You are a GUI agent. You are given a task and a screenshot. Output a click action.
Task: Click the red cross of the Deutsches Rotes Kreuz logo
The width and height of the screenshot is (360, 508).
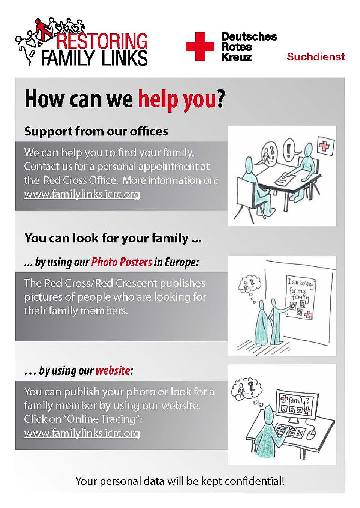tap(200, 47)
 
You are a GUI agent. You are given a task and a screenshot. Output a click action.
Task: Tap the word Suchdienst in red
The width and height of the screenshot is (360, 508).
tap(316, 57)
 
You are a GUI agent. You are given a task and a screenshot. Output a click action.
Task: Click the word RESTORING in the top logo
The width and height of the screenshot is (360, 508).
tap(102, 41)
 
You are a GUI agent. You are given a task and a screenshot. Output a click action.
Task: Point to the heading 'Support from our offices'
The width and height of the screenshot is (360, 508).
tap(96, 131)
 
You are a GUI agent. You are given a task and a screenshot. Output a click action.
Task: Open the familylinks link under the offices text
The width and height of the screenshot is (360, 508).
tap(82, 194)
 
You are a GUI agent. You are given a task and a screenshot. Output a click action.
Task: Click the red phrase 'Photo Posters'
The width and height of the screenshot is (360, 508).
tap(121, 262)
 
